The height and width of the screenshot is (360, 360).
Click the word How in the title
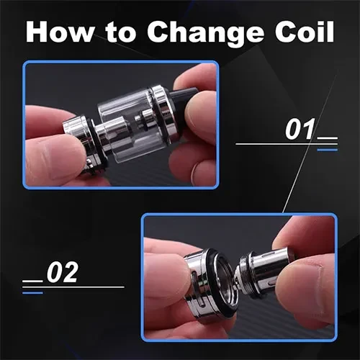coord(60,32)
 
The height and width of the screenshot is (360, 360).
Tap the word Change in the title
coord(205,34)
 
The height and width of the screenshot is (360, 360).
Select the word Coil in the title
coord(305,32)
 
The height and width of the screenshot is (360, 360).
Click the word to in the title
coord(120,33)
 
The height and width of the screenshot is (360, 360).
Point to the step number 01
coord(300,129)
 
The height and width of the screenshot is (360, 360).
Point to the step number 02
coord(63,272)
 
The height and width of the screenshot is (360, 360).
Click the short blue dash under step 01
coord(328,150)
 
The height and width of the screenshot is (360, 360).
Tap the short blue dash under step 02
coord(32,292)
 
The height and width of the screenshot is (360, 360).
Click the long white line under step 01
coord(287,144)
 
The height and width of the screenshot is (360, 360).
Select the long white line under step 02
coord(73,287)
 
